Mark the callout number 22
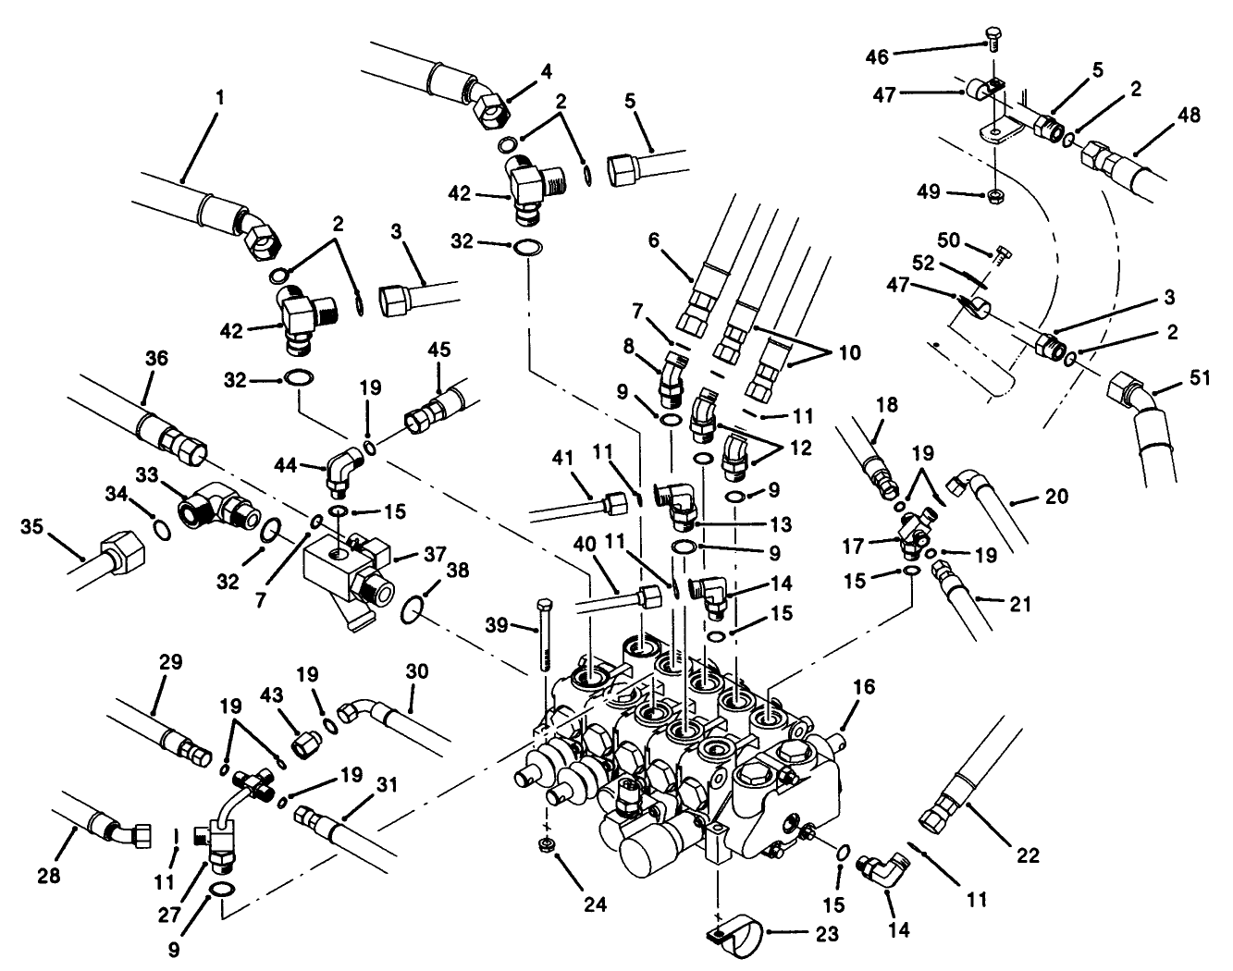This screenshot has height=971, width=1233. [1027, 856]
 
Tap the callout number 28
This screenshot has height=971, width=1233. [49, 874]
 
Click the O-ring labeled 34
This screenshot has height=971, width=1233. [159, 532]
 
